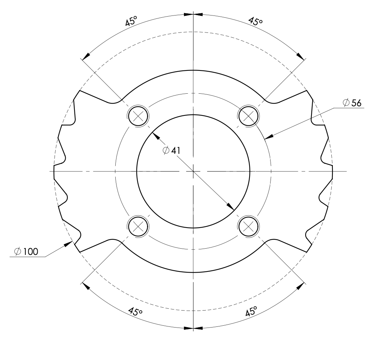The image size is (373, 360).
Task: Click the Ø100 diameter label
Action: [x=26, y=252]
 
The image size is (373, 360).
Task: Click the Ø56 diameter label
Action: [x=352, y=103]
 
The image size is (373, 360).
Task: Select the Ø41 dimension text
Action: [x=171, y=150]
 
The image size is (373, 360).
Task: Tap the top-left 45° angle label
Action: [x=131, y=21]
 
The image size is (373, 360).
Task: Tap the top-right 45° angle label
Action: [x=255, y=21]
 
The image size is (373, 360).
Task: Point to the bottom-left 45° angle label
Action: [x=135, y=311]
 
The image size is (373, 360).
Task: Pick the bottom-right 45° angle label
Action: [x=251, y=311]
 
